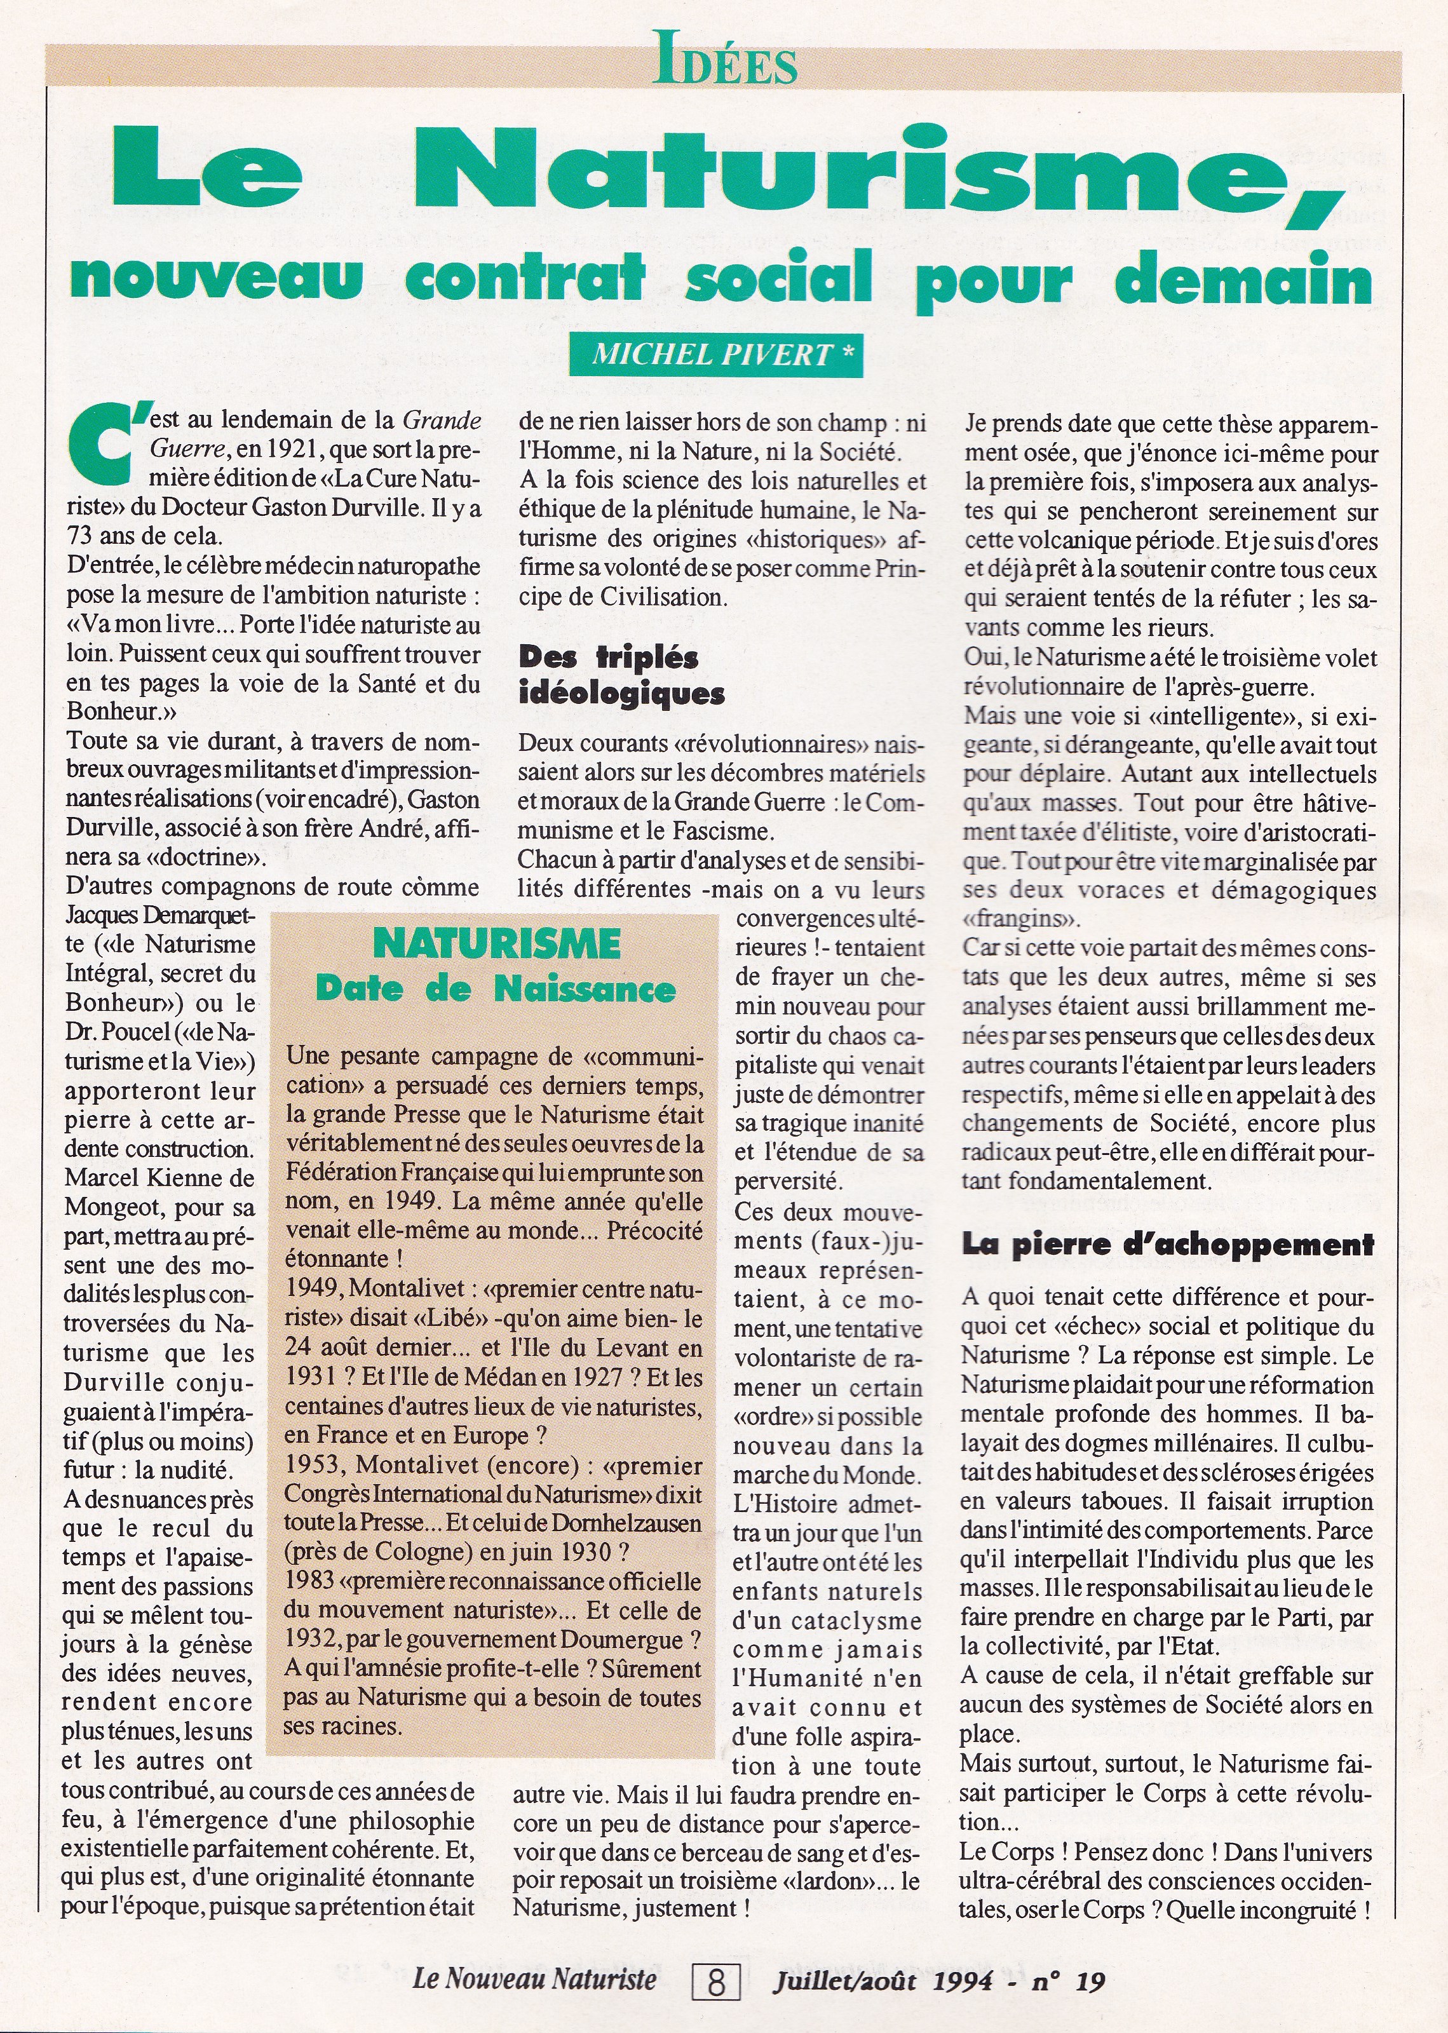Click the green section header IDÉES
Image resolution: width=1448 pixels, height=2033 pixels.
point(724,59)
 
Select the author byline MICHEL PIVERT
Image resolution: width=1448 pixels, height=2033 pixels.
point(714,355)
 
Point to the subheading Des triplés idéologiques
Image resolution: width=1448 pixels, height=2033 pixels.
point(621,675)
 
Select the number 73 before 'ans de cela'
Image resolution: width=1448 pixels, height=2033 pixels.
point(81,537)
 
